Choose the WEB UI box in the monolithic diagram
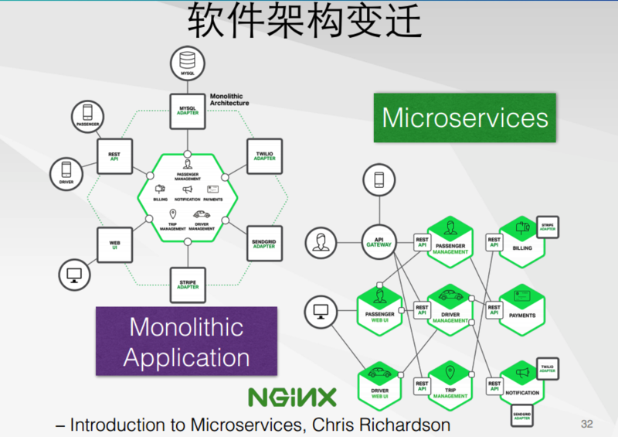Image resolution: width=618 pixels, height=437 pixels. [114, 244]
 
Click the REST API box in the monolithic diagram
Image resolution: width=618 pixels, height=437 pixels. [114, 157]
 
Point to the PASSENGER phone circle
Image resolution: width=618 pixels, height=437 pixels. [87, 114]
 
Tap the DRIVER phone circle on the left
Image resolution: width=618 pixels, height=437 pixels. [65, 173]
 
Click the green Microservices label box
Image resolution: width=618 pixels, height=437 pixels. [465, 118]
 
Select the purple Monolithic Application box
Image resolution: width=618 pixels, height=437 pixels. [186, 341]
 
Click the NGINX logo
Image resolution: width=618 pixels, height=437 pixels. [292, 398]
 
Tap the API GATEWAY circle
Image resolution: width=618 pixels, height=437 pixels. [379, 243]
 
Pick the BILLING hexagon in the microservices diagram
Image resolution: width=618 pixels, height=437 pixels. [522, 243]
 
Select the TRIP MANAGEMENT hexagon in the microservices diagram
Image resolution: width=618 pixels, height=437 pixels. [450, 384]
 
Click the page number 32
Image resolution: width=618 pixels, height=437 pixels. [586, 424]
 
